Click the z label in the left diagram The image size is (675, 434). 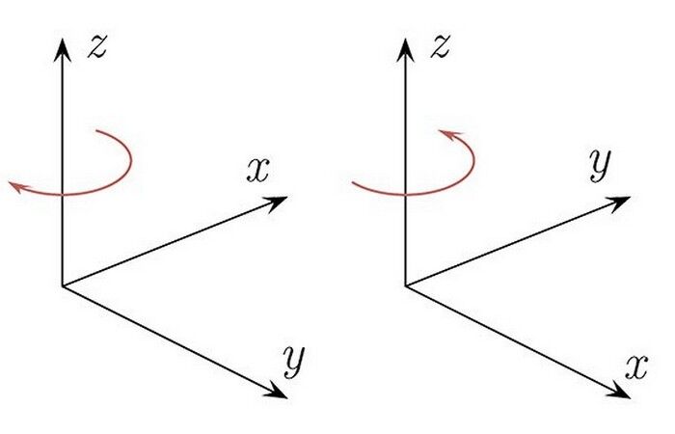[96, 47]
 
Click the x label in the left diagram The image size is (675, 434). [257, 170]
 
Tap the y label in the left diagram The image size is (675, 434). [294, 362]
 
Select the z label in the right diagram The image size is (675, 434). [440, 47]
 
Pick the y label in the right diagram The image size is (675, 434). [600, 165]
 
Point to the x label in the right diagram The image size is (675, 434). [636, 366]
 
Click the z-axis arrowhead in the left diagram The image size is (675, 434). [63, 49]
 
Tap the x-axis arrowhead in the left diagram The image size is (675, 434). [276, 203]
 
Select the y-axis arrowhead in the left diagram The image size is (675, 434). [276, 391]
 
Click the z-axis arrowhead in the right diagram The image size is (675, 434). [406, 49]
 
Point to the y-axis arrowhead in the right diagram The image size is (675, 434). [619, 203]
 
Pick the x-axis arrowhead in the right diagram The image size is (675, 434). [619, 391]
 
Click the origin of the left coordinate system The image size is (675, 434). [63, 285]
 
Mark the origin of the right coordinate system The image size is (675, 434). [406, 285]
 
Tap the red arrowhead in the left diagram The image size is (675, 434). [17, 187]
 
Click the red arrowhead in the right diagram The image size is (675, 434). [450, 135]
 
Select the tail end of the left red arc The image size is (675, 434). [97, 130]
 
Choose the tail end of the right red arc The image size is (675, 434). [353, 183]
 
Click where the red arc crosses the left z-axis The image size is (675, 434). [63, 195]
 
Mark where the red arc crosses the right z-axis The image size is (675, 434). [406, 195]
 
